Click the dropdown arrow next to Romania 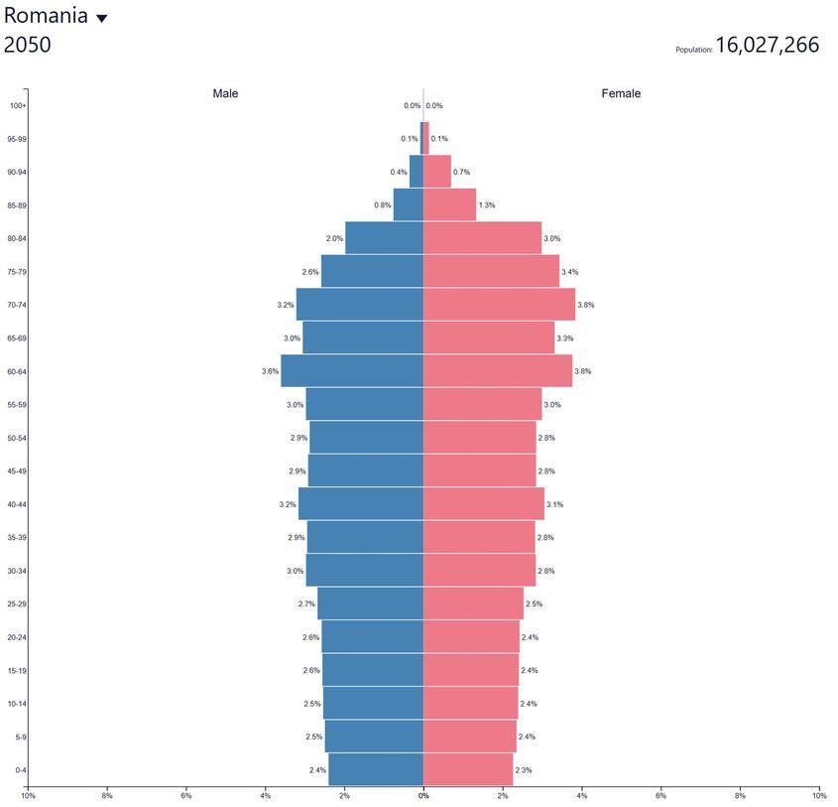[x=101, y=18]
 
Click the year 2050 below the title [x=28, y=45]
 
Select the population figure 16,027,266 [x=767, y=45]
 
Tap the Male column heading [x=225, y=93]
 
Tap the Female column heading [x=621, y=93]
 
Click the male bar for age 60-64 [x=352, y=371]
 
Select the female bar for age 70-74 [x=499, y=305]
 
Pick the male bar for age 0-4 [x=376, y=770]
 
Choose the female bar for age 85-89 [x=449, y=205]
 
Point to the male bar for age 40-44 [x=361, y=504]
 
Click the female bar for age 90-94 [x=437, y=172]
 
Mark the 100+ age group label [x=18, y=105]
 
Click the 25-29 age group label [x=17, y=604]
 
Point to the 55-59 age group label [x=17, y=405]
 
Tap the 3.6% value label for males [x=270, y=371]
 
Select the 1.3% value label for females [x=486, y=205]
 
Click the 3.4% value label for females [x=569, y=272]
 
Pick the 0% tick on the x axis [x=423, y=795]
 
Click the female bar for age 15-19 [x=471, y=670]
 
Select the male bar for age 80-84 [x=384, y=238]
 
